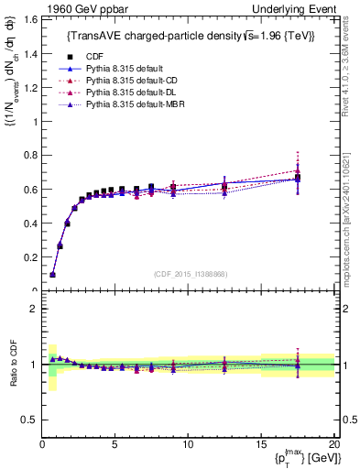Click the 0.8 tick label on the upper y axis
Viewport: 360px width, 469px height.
click(x=29, y=155)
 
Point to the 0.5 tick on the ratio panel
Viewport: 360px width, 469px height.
click(x=29, y=420)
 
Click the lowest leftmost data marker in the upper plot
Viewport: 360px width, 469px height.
click(x=52, y=274)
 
